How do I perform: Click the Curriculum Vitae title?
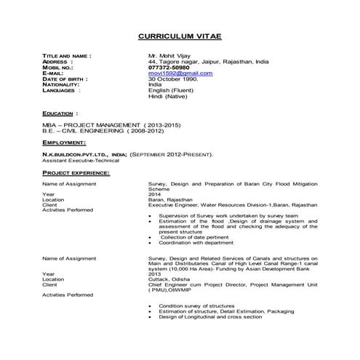pos(179,36)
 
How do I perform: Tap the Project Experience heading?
pos(76,172)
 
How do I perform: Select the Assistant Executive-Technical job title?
pos(80,160)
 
